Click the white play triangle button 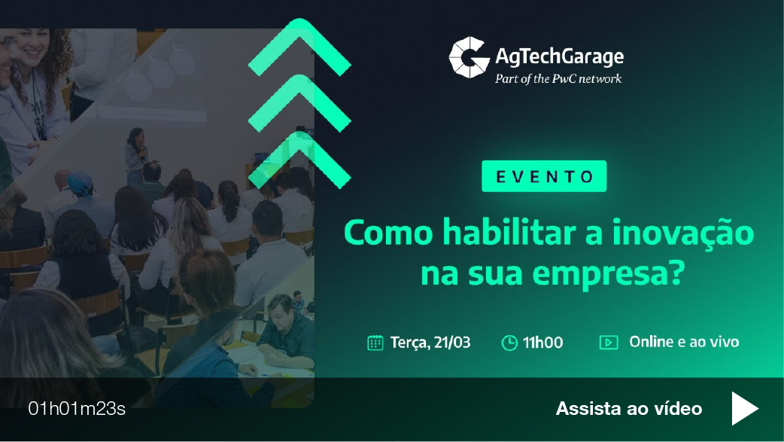[x=744, y=409]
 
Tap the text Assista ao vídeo [x=628, y=409]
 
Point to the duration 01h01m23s [x=77, y=409]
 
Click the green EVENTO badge [x=543, y=176]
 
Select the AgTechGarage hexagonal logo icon [x=468, y=57]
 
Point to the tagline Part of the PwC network [x=558, y=78]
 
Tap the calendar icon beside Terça [x=375, y=343]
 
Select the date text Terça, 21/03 [x=430, y=343]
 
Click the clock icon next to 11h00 [x=509, y=343]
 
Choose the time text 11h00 [x=542, y=343]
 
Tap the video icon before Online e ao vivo [x=608, y=343]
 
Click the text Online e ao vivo [x=684, y=342]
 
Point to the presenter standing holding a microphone [x=136, y=154]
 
